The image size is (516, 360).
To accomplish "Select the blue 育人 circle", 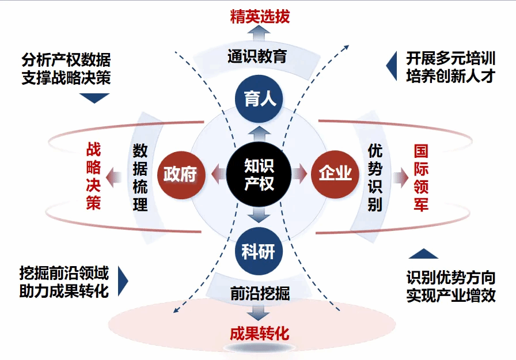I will point(259,99).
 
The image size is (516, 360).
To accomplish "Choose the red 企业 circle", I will point(335,173).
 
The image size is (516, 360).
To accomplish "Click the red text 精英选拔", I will point(260,16).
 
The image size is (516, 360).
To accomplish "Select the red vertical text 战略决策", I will point(93,176).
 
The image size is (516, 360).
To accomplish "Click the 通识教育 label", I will point(257,56).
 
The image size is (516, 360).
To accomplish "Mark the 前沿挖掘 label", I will point(259,293).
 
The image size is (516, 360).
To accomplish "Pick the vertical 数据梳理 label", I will point(141,177).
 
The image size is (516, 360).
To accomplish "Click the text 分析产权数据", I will point(66,60).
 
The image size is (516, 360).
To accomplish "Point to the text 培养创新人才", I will point(450,76).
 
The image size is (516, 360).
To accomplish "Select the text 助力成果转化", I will point(64,291).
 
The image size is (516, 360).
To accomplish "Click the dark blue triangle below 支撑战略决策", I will point(93,98).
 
